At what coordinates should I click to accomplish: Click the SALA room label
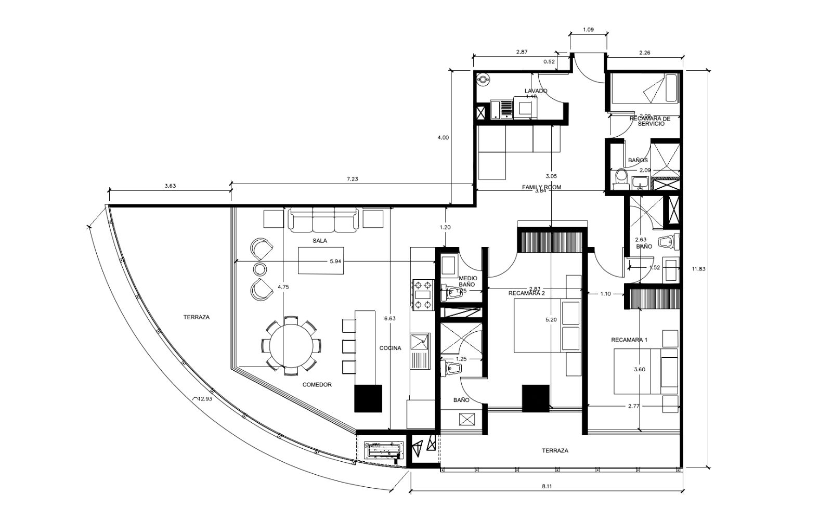[320, 241]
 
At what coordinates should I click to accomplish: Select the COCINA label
[390, 348]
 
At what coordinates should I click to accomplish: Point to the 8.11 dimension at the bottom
[546, 486]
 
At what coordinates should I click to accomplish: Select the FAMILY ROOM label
[541, 187]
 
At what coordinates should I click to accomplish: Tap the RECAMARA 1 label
[629, 340]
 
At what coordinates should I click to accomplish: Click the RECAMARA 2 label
[526, 293]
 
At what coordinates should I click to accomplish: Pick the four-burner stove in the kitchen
[423, 295]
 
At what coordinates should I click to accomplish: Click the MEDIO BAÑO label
[467, 281]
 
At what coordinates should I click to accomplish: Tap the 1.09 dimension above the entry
[588, 30]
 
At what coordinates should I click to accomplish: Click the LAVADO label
[536, 91]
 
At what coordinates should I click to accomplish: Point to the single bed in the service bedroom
[645, 88]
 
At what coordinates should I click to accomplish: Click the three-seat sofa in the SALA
[323, 220]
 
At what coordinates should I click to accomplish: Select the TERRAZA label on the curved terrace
[196, 317]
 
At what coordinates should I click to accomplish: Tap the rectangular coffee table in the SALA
[320, 260]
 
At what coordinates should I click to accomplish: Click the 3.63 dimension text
[170, 186]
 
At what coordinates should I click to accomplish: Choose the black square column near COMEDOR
[368, 398]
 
